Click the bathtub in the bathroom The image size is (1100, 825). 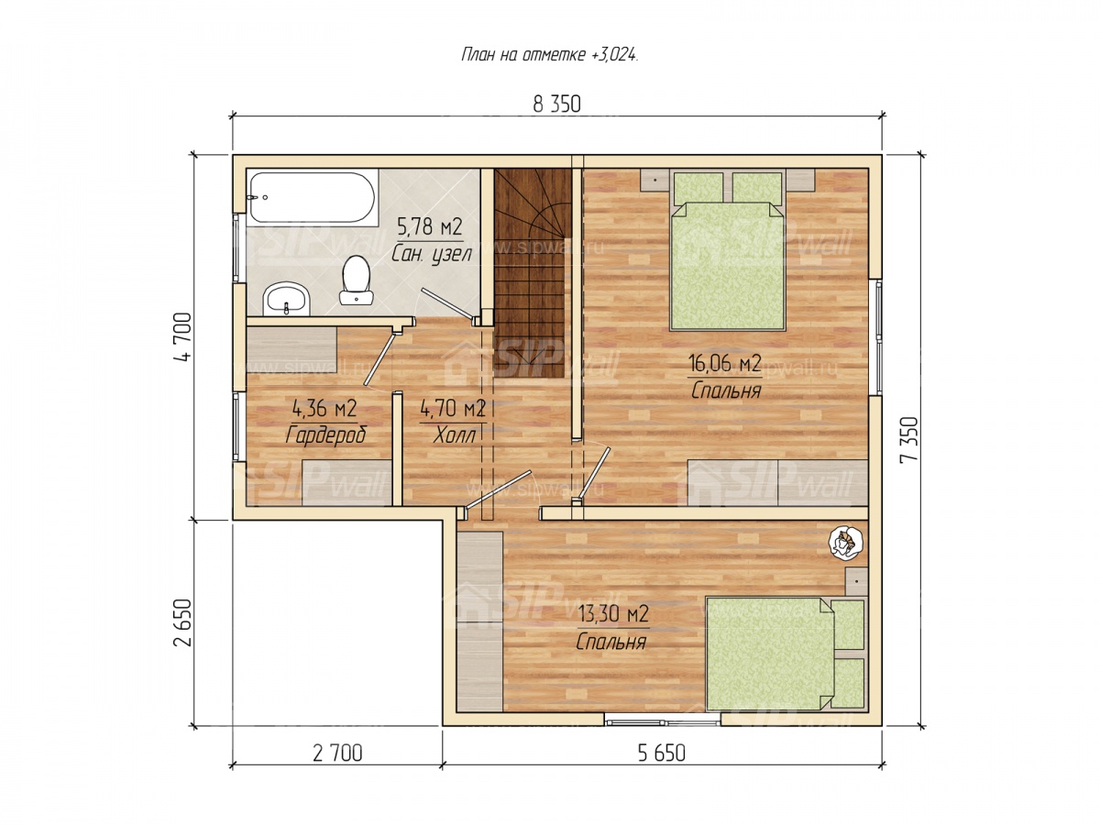pyautogui.click(x=312, y=197)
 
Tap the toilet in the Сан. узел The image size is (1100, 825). pyautogui.click(x=356, y=280)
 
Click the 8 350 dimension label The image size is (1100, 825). pyautogui.click(x=556, y=104)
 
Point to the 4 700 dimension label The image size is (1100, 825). pyautogui.click(x=183, y=337)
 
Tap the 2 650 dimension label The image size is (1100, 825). pyautogui.click(x=183, y=622)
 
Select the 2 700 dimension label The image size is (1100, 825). pyautogui.click(x=337, y=753)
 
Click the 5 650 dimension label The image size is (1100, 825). pyautogui.click(x=661, y=753)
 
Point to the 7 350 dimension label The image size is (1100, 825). pyautogui.click(x=909, y=440)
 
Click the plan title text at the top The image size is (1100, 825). pyautogui.click(x=550, y=55)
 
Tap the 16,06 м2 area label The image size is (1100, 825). pyautogui.click(x=725, y=363)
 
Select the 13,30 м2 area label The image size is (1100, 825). pyautogui.click(x=613, y=613)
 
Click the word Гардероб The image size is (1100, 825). pyautogui.click(x=326, y=434)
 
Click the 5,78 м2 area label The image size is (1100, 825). pyautogui.click(x=430, y=227)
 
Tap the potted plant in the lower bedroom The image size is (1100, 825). pyautogui.click(x=846, y=542)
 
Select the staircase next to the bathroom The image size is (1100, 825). pyautogui.click(x=533, y=273)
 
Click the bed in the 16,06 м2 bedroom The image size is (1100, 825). pyautogui.click(x=728, y=251)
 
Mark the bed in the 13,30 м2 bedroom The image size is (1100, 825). pyautogui.click(x=786, y=654)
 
